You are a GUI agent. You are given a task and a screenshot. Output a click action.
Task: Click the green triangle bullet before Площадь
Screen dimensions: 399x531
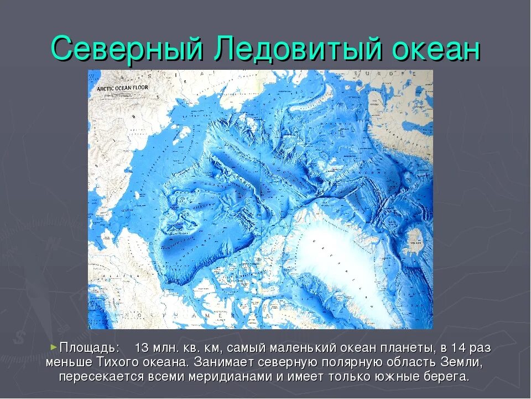pyautogui.click(x=54, y=347)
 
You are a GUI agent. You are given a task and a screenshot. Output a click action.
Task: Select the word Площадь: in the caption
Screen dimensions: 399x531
pyautogui.click(x=89, y=348)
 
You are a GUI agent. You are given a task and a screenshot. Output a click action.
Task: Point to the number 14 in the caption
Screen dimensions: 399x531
pyautogui.click(x=458, y=348)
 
